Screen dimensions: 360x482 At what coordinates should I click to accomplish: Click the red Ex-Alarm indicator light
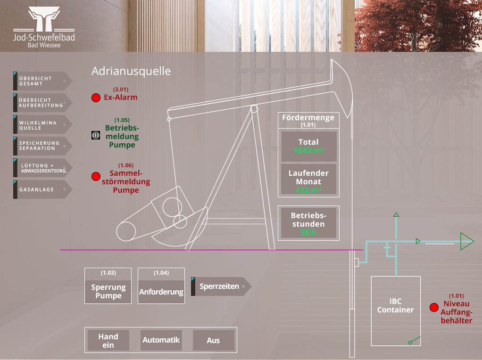(96, 98)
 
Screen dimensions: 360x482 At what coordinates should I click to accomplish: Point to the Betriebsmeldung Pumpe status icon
(96, 135)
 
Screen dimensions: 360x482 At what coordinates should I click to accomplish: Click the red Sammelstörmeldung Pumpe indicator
(96, 177)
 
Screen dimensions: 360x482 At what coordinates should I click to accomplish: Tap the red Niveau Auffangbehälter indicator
(434, 308)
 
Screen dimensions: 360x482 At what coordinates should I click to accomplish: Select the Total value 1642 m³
(308, 151)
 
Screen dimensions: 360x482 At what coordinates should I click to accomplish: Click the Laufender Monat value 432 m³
(308, 190)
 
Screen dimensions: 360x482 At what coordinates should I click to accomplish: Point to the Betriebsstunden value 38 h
(308, 232)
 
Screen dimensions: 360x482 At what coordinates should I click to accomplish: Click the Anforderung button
(161, 292)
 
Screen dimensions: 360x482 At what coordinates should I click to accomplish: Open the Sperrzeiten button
(221, 286)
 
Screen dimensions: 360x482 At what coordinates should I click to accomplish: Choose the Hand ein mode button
(108, 341)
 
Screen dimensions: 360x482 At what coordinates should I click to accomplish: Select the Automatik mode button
(161, 340)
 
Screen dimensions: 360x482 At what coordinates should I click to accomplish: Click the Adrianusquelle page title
(131, 71)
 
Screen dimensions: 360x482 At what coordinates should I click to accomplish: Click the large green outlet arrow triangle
(466, 241)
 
